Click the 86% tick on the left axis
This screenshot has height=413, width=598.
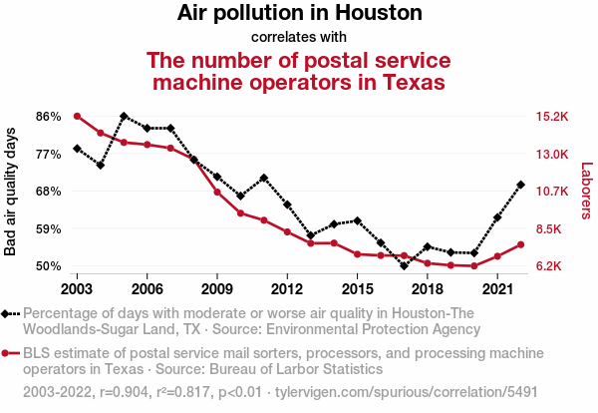pos(48,116)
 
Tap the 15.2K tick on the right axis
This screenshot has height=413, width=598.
pos(551,116)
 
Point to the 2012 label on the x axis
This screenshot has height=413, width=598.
pos(287,288)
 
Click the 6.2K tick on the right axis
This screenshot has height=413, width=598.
pos(551,266)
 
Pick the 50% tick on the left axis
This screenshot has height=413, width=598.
pos(48,266)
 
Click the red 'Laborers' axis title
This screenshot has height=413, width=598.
pos(586,192)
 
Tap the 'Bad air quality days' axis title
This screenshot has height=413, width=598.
pos(11,192)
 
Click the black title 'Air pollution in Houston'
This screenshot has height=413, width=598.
pos(299,14)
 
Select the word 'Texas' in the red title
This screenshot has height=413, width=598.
pos(411,81)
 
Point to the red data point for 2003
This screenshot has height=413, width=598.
pos(77,116)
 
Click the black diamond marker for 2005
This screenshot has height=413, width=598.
pos(124,116)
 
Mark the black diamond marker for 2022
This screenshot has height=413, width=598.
pos(521,185)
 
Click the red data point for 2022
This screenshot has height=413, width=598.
pos(521,244)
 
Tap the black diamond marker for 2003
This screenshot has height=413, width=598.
pos(77,149)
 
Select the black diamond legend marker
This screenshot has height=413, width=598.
pos(7,313)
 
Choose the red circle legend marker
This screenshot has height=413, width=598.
pos(7,353)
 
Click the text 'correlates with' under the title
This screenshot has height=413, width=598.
pos(299,38)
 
